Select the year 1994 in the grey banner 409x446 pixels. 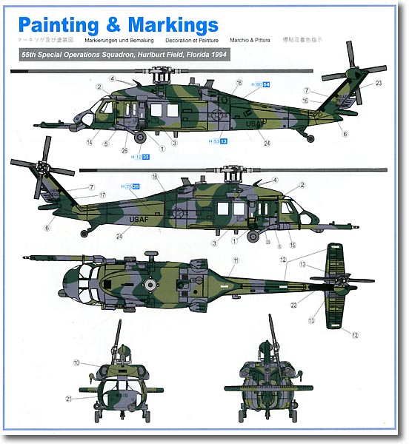tap(216, 55)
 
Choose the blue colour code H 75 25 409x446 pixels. tap(131, 187)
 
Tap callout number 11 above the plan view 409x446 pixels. tap(236, 261)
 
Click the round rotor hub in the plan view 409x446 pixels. tap(151, 284)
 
